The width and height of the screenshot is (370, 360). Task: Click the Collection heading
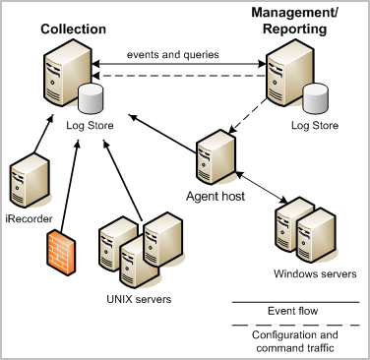[73, 30]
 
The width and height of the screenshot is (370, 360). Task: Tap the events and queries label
[171, 54]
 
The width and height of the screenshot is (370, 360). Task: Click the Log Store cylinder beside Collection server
[92, 99]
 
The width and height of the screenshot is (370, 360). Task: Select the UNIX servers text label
[134, 298]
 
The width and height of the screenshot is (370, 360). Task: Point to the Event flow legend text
[292, 311]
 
